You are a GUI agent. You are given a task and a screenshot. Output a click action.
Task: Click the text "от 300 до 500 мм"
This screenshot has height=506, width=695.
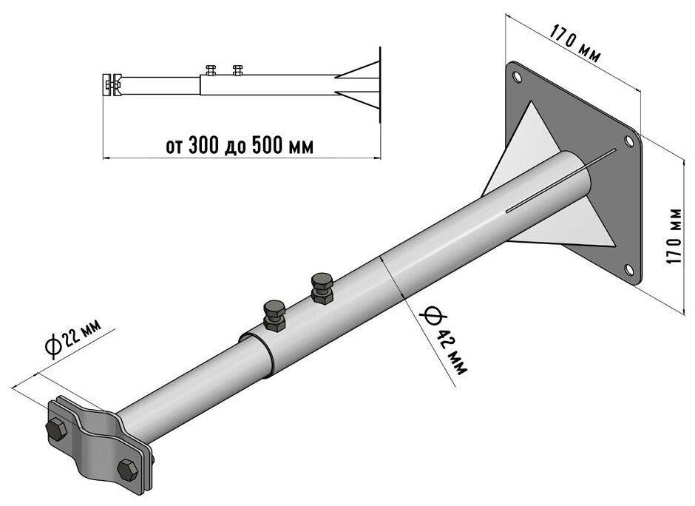point(240,146)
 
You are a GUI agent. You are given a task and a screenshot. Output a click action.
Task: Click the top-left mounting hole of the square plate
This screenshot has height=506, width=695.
point(518,75)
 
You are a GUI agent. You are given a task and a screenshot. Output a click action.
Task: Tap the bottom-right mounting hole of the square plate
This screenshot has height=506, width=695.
point(630,270)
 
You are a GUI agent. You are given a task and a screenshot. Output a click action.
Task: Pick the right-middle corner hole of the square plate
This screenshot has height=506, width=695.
point(629,139)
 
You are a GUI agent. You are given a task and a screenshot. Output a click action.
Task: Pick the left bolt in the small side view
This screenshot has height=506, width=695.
point(211,70)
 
